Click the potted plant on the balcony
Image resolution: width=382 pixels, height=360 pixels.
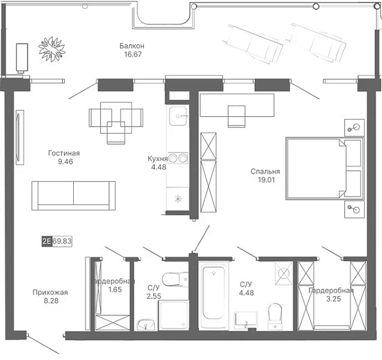51,49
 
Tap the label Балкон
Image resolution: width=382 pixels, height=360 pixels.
132,46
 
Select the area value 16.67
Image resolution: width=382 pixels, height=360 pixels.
133,54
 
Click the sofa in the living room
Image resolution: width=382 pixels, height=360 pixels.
73,195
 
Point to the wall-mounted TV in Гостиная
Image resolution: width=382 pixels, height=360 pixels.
20,138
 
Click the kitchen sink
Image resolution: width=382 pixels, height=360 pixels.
178,116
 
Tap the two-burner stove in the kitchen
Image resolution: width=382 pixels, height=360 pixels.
178,158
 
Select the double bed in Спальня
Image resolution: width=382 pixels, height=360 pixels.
325,168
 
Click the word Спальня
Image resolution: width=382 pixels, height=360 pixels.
265,172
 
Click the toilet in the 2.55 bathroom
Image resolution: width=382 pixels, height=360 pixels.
175,279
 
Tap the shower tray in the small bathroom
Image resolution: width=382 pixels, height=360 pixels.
173,315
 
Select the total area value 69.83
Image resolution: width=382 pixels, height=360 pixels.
62,241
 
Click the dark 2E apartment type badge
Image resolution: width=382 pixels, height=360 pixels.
47,241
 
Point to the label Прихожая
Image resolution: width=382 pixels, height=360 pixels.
50,292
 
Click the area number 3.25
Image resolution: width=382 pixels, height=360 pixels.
333,299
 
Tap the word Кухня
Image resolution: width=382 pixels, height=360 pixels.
158,159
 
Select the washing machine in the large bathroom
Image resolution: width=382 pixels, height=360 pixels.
284,273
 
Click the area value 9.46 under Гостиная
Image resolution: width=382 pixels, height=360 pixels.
65,161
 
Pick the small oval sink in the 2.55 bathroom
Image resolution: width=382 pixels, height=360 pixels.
146,325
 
